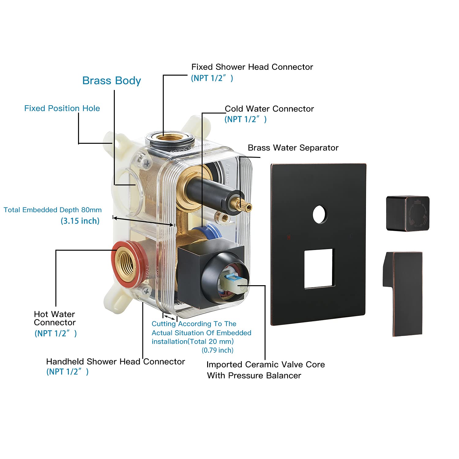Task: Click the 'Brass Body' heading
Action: [111, 81]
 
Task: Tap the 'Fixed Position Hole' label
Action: [62, 108]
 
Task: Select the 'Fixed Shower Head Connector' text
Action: [252, 67]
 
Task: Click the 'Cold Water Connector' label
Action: [269, 109]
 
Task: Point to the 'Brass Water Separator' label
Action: [293, 148]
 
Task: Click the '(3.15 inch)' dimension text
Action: [80, 221]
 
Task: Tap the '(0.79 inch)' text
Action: [217, 350]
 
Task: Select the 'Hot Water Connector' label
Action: [54, 318]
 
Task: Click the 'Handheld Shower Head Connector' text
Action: [115, 362]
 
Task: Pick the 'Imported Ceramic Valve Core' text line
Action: [265, 365]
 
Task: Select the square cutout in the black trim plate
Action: [319, 269]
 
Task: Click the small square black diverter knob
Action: [408, 213]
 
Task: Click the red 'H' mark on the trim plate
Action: [289, 237]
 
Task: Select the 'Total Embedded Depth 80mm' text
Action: [53, 210]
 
